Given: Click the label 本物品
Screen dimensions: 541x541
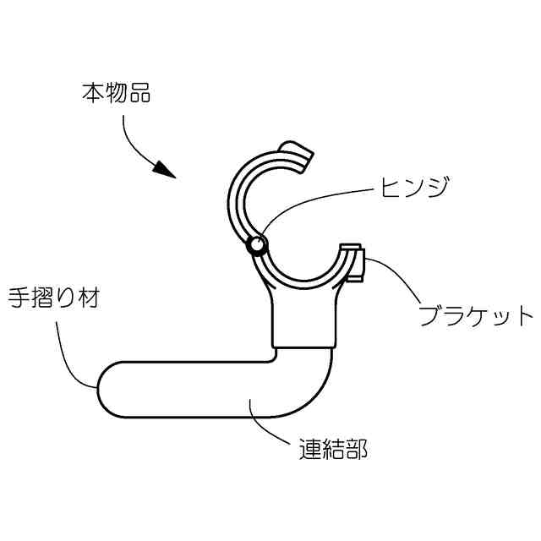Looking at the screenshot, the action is [x=117, y=93].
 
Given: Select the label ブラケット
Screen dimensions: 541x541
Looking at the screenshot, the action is [x=477, y=318].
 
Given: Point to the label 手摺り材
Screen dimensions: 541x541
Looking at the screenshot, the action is [x=52, y=298].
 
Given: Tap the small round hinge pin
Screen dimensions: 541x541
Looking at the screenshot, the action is [x=256, y=246].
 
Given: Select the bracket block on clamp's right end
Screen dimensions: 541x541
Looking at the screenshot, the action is [x=352, y=263].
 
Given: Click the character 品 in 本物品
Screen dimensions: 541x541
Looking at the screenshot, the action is [x=139, y=93].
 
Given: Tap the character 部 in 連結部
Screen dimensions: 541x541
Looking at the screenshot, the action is [x=357, y=448].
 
